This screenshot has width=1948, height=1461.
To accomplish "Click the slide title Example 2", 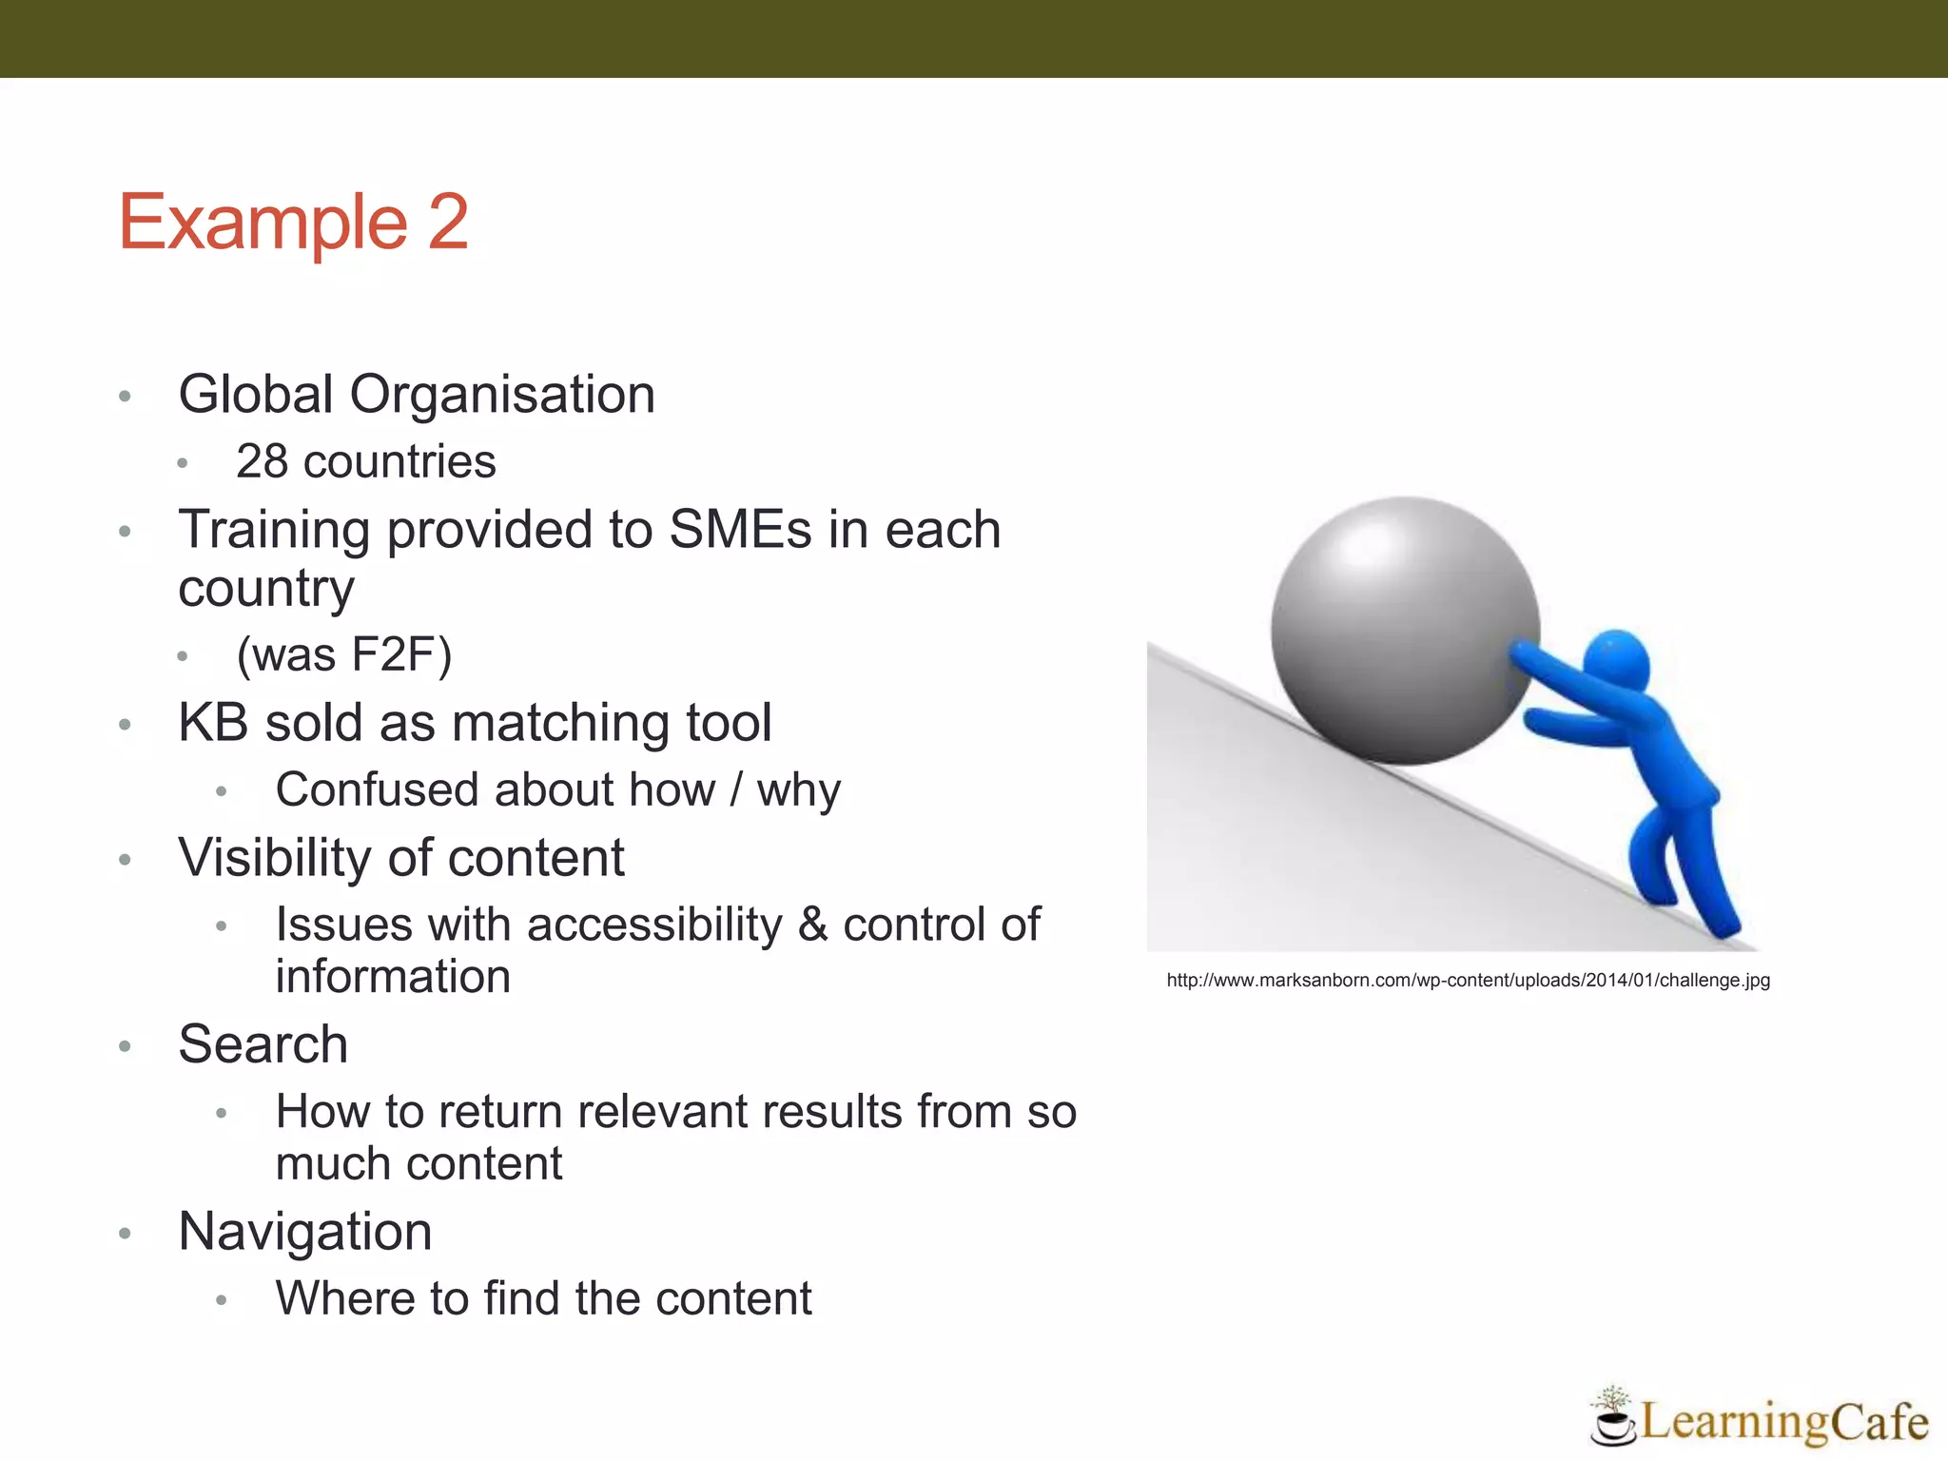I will click(x=293, y=223).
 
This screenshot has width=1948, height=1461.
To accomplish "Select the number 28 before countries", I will click(x=262, y=462).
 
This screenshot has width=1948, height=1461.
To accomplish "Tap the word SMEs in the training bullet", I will click(x=741, y=530).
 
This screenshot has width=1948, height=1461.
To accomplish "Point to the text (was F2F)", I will click(x=344, y=655).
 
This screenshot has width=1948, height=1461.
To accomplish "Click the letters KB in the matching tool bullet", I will click(x=213, y=723).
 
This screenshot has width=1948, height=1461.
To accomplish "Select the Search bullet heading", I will click(x=263, y=1044).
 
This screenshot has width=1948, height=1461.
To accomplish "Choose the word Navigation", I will click(x=305, y=1232).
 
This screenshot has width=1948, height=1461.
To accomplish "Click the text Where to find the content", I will click(x=543, y=1299).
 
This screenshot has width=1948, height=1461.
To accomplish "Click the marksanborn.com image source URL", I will click(x=1468, y=981).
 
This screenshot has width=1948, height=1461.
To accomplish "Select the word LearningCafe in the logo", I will click(x=1783, y=1422).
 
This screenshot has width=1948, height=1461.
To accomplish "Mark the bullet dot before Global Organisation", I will click(x=125, y=397).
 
